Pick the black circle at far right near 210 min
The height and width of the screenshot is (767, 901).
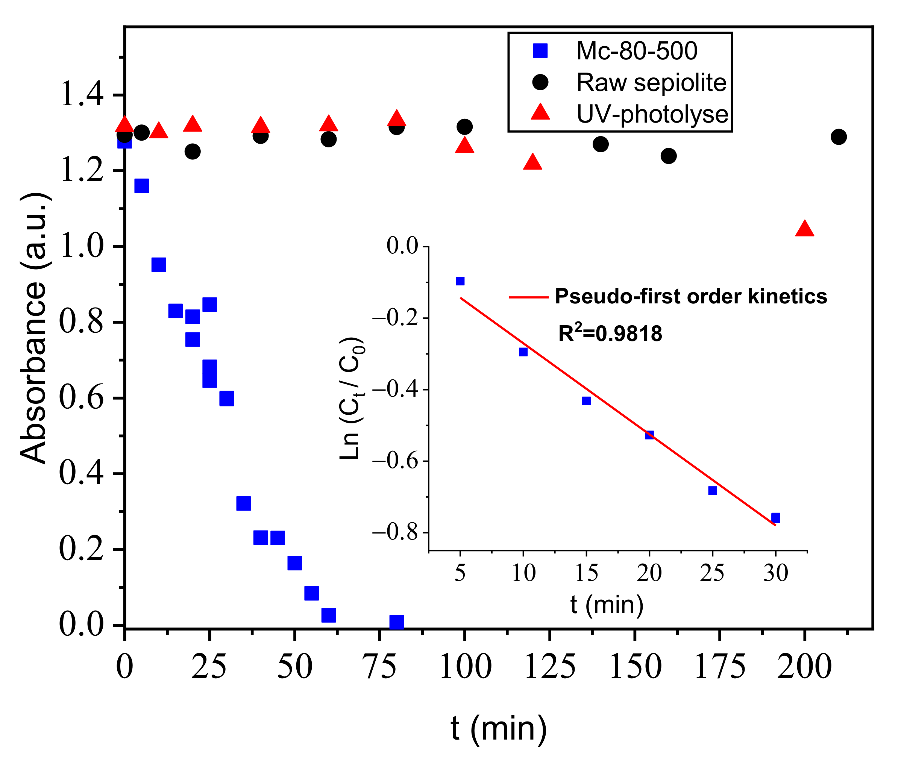838,137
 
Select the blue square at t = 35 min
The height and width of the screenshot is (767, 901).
244,503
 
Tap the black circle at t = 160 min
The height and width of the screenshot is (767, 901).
668,156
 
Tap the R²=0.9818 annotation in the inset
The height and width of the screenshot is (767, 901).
610,333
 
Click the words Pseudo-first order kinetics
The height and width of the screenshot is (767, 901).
690,297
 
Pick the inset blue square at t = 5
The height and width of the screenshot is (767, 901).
460,281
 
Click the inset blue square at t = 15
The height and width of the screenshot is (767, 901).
586,400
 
